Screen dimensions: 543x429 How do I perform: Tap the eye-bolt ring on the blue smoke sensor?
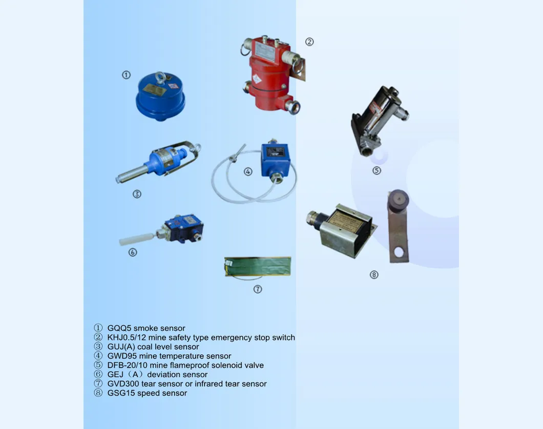(160, 76)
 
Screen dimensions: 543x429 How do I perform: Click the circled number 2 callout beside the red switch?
(309, 42)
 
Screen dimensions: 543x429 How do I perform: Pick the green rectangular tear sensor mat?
(258, 266)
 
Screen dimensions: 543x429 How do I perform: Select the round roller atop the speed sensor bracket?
(398, 200)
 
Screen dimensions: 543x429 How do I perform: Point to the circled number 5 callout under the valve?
(377, 171)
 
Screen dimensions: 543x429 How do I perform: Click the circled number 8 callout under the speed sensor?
(373, 275)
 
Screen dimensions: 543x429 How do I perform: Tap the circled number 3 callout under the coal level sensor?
(137, 194)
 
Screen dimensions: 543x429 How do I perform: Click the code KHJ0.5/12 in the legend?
(127, 338)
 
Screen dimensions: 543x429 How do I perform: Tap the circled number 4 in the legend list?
(98, 356)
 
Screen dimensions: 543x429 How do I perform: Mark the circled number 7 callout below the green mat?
(257, 289)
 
